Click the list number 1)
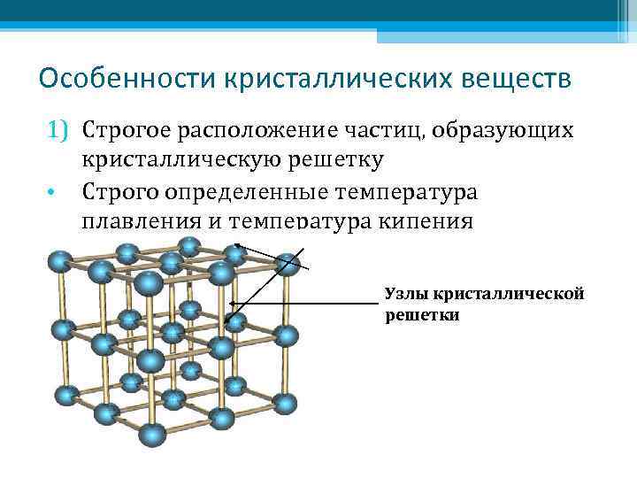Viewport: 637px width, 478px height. click(58, 130)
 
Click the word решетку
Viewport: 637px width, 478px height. click(335, 160)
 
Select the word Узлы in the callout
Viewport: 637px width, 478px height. click(403, 293)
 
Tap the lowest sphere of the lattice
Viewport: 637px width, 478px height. click(152, 435)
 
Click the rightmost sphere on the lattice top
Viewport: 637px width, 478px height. click(287, 263)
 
